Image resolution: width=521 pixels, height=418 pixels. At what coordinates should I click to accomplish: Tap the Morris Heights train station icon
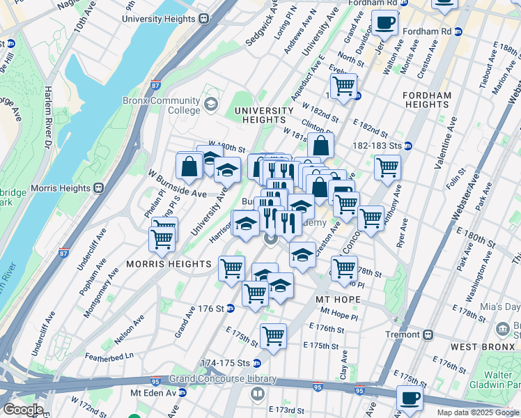coord(99,187)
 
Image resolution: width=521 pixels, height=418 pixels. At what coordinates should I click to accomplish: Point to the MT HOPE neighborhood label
coord(338,300)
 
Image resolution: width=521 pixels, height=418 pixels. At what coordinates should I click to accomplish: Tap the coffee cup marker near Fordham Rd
coord(384,23)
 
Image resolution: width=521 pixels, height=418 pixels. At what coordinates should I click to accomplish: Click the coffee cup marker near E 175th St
coord(410,398)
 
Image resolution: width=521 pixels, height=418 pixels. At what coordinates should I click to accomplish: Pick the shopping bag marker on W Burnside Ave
coord(189,167)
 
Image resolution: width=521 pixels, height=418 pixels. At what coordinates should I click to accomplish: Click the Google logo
coord(23,410)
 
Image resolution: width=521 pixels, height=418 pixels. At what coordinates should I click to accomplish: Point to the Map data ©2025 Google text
coord(478,412)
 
